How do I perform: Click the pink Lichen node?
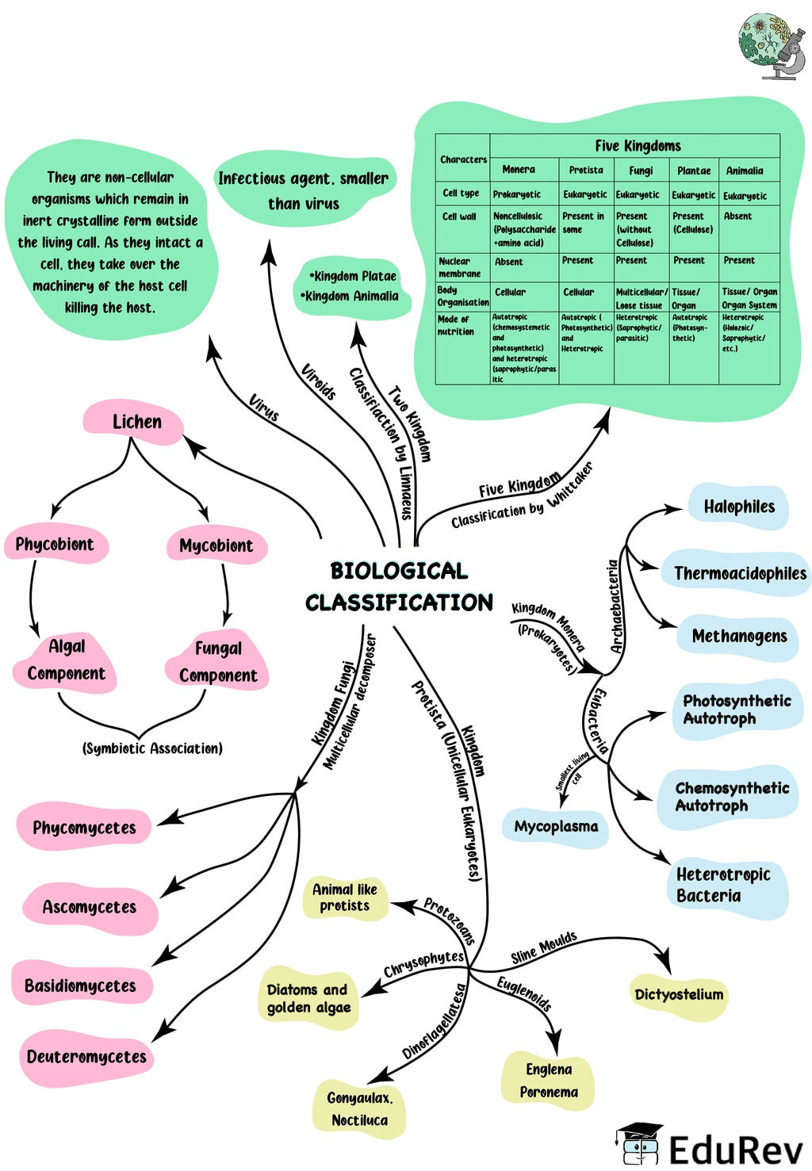(136, 422)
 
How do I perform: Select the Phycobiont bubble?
(55, 545)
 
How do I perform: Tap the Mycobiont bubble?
(216, 546)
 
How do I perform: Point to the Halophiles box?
(739, 507)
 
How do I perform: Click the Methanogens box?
(739, 637)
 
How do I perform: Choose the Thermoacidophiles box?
(739, 573)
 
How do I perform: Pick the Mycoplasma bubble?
(556, 827)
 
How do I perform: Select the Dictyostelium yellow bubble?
(679, 995)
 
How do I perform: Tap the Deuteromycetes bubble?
(86, 1057)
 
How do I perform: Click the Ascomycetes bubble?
(89, 907)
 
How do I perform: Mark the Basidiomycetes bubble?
(80, 986)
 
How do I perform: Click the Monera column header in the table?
(519, 170)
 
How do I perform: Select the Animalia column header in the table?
(745, 171)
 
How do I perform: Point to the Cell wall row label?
(459, 216)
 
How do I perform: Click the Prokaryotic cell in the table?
(517, 195)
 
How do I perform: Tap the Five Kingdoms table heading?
(638, 146)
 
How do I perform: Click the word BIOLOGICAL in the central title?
(399, 571)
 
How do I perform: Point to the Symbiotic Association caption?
(152, 748)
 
